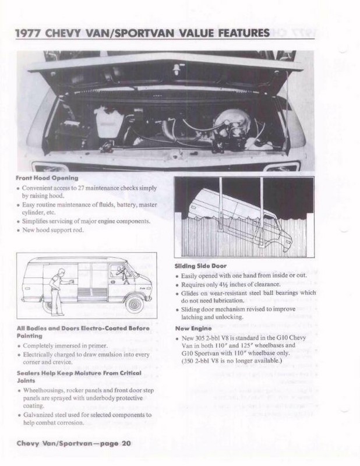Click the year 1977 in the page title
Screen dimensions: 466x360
tap(29, 34)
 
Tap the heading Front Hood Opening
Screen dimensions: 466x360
tap(47, 178)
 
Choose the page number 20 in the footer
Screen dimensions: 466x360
tap(125, 444)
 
